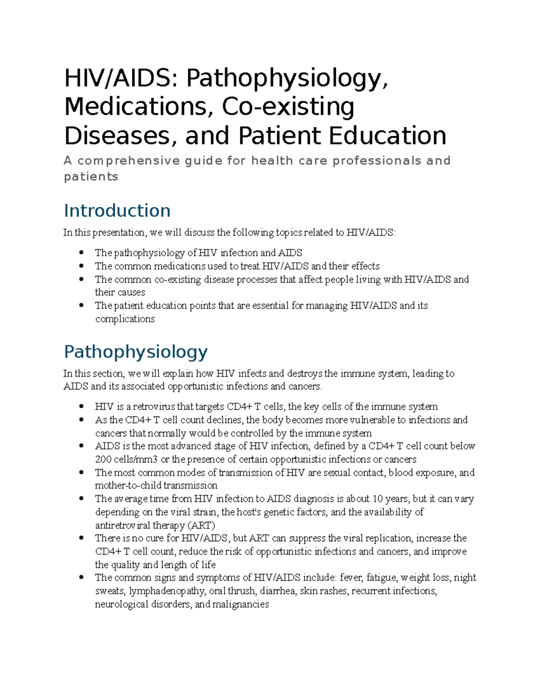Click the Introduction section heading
pyautogui.click(x=117, y=211)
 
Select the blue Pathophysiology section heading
pyautogui.click(x=135, y=352)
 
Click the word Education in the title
pyautogui.click(x=387, y=135)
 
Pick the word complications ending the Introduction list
pyautogui.click(x=125, y=319)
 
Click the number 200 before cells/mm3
pyautogui.click(x=102, y=460)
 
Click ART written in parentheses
pyautogui.click(x=201, y=525)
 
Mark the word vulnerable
pyautogui.click(x=369, y=420)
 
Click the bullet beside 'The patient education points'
pyautogui.click(x=81, y=305)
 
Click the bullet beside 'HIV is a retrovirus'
pyautogui.click(x=81, y=406)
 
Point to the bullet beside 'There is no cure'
pyautogui.click(x=81, y=538)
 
